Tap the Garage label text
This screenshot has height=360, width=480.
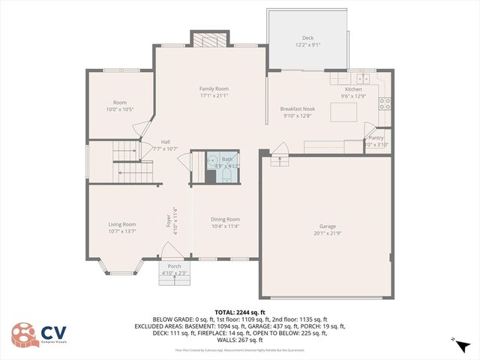[327, 226]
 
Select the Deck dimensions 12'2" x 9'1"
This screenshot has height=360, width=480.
[307, 45]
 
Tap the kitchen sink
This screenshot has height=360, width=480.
[364, 77]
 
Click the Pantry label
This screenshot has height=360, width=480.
[376, 138]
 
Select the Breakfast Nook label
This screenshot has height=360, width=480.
[297, 109]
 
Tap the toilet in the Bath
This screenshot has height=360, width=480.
[226, 175]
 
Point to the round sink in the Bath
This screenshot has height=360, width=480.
[211, 160]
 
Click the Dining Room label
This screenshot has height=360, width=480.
[225, 220]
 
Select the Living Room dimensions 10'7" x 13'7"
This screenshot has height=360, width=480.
[122, 230]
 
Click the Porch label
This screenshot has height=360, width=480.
[174, 266]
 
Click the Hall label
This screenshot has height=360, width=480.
[165, 142]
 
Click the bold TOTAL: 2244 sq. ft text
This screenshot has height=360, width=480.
[240, 312]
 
